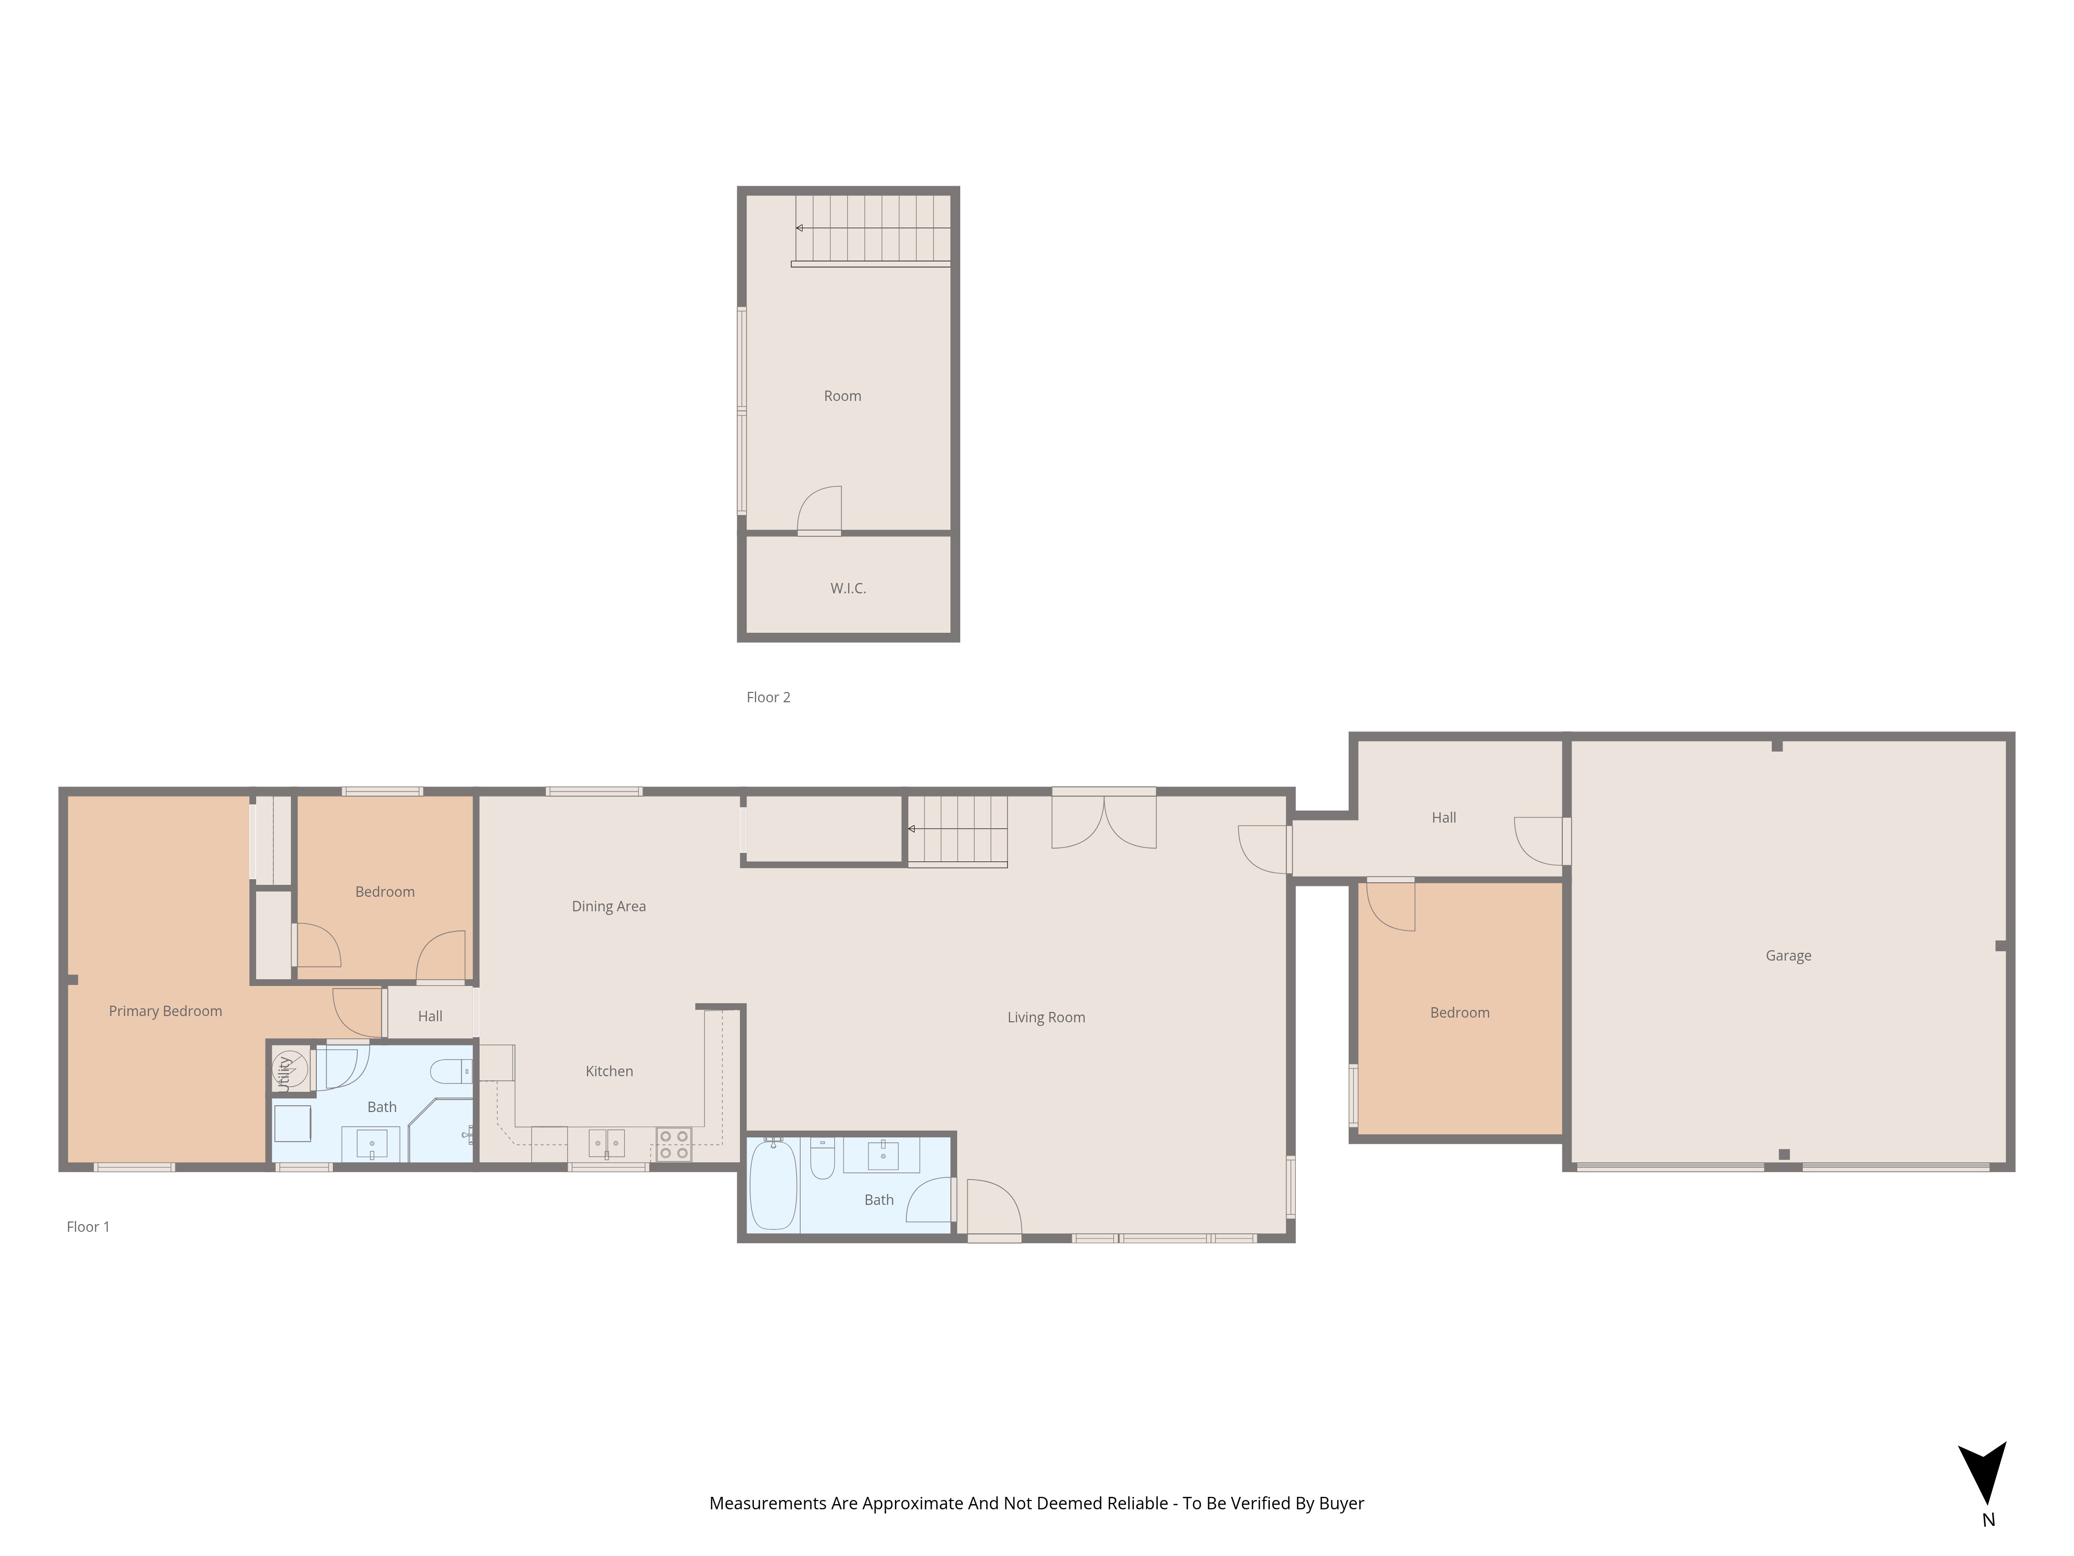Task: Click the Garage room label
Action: [1787, 956]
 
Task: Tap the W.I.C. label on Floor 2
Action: [848, 588]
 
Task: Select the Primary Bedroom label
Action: [165, 1011]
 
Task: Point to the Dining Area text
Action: [609, 906]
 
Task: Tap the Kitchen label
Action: [609, 1071]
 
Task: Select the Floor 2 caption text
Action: [768, 697]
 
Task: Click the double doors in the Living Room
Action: [1103, 821]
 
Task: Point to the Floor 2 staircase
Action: [872, 228]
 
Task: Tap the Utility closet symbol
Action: [290, 1068]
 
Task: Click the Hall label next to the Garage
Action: [1443, 818]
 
